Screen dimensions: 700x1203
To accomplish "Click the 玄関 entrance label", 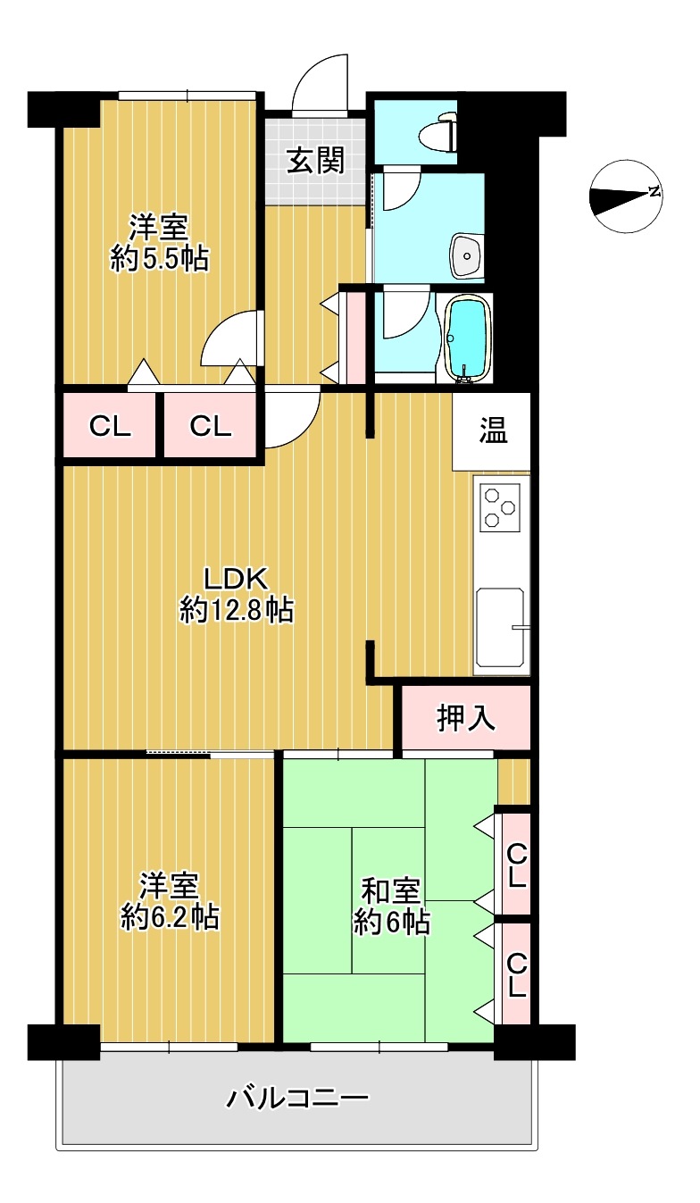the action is click(x=315, y=160).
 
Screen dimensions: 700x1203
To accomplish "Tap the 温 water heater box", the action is click(x=492, y=431).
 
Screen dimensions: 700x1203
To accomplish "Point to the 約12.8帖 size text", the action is click(x=237, y=611).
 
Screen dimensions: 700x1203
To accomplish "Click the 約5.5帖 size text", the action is click(x=160, y=259).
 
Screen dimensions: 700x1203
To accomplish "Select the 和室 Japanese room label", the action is click(x=391, y=891).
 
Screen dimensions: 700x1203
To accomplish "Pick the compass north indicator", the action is click(x=625, y=196).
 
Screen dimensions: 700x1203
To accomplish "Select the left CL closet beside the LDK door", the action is click(x=110, y=426).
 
